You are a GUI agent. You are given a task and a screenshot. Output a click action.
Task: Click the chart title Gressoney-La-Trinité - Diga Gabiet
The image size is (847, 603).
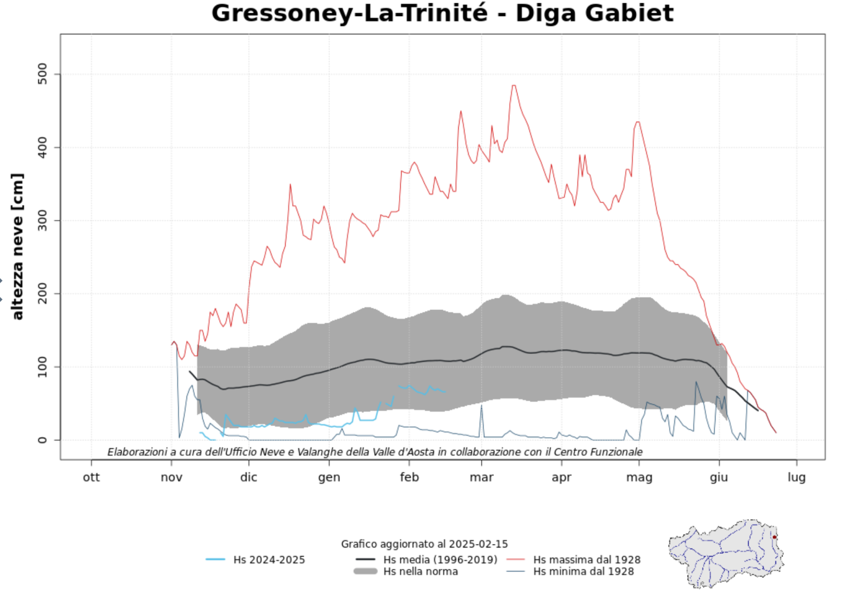pos(442,13)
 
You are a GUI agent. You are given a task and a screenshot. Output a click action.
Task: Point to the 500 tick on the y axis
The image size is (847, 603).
pos(42,74)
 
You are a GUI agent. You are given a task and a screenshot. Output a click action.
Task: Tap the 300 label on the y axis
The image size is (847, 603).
pos(42,220)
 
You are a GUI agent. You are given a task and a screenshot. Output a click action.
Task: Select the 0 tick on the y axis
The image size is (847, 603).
pos(42,440)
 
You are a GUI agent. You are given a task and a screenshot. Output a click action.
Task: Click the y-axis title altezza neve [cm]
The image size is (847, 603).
pos(17,246)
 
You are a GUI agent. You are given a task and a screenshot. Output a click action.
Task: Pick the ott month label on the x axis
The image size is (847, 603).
pos(91,477)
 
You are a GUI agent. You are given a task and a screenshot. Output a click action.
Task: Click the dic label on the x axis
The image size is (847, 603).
pos(248,477)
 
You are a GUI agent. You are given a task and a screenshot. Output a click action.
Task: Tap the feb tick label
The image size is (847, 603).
pos(409,477)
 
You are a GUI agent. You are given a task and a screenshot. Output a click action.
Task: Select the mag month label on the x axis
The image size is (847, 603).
pos(639,477)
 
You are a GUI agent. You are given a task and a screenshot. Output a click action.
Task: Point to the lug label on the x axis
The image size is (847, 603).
pos(796,477)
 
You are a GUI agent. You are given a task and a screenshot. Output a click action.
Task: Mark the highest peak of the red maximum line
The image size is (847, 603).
pos(513,86)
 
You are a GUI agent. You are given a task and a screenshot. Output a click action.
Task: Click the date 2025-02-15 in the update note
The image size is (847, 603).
pos(478,544)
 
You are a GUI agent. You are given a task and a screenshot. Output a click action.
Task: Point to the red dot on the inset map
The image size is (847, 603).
pos(774,537)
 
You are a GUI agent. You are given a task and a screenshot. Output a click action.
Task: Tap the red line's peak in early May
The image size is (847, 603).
pos(637,122)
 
